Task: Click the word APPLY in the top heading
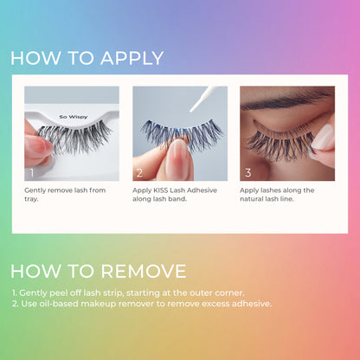(132, 58)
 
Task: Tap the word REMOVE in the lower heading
(144, 271)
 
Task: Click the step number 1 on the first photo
(32, 173)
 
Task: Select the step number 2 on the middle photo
(139, 173)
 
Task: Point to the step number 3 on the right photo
(248, 173)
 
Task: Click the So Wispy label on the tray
(74, 117)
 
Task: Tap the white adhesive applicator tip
(202, 99)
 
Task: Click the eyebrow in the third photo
(287, 100)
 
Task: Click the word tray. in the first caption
(31, 199)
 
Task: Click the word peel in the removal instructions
(59, 293)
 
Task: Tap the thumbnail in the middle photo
(178, 158)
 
